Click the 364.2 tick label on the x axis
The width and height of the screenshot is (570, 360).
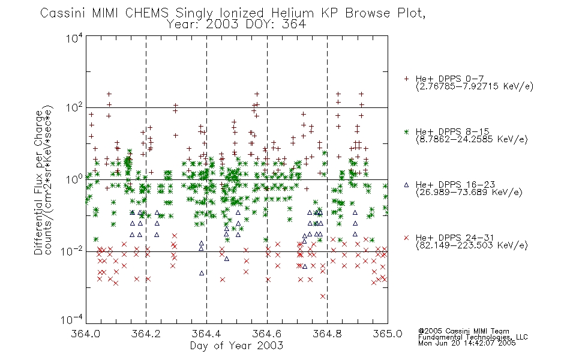click(x=146, y=334)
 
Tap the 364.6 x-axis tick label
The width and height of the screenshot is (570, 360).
click(x=267, y=334)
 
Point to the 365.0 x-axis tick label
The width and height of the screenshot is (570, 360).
click(x=388, y=334)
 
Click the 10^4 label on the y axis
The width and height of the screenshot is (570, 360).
click(x=74, y=38)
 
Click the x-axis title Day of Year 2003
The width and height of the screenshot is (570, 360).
click(x=236, y=346)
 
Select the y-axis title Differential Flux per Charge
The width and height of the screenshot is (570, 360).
click(x=38, y=182)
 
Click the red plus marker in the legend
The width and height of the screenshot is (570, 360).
click(x=406, y=79)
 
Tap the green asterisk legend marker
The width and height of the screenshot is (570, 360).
click(x=406, y=131)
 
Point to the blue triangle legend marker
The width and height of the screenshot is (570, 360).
click(x=406, y=185)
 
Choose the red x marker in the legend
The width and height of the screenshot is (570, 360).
click(x=406, y=238)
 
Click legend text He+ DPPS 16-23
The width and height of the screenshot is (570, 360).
click(x=455, y=185)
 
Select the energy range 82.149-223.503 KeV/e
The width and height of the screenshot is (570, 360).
click(x=472, y=245)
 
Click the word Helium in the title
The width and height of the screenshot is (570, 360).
click(x=292, y=13)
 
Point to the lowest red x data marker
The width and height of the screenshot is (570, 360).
click(x=322, y=296)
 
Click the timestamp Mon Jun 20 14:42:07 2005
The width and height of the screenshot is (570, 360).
click(x=467, y=343)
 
